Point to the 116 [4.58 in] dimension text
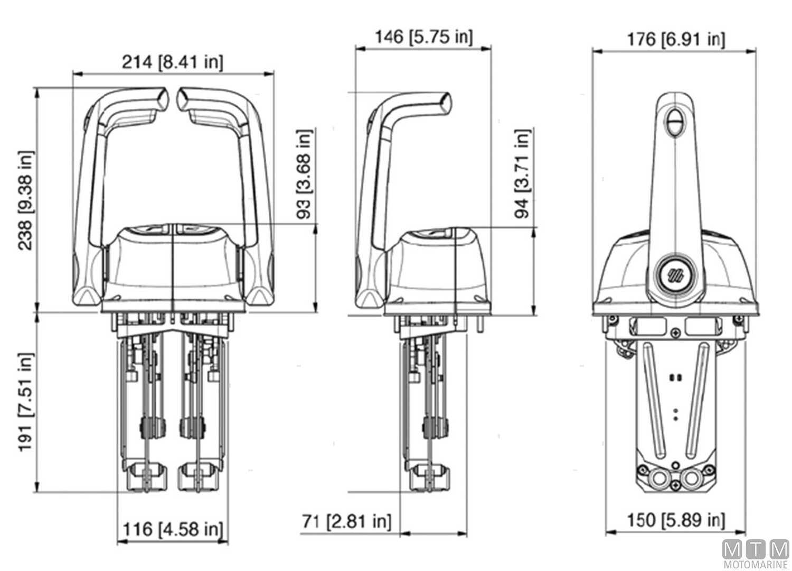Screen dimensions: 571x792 coord(173,528)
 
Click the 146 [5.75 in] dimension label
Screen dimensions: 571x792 coord(423,36)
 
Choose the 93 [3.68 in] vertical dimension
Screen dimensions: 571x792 coord(305,175)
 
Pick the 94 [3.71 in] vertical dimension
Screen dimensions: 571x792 coord(522,173)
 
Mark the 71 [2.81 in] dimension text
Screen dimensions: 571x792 coord(347,521)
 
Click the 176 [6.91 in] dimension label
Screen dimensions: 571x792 coord(675,39)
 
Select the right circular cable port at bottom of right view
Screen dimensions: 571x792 coord(691,479)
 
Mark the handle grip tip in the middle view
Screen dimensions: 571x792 coord(445,101)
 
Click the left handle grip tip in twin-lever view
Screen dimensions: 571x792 coord(161,98)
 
